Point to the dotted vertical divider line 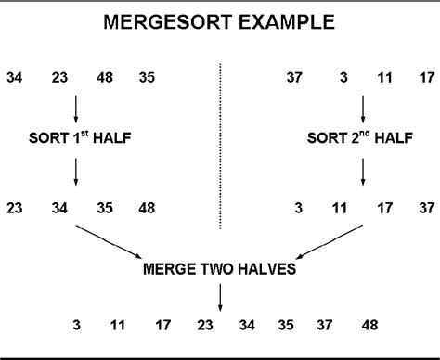click(x=221, y=144)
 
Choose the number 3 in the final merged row click(x=79, y=326)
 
